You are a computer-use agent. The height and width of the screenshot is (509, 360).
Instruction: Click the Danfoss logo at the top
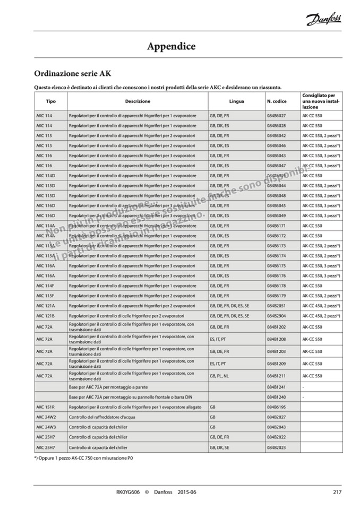click(323, 20)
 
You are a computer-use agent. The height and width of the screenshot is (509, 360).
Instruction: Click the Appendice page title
click(172, 47)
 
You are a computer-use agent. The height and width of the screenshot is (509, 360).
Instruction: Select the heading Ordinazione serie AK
click(72, 73)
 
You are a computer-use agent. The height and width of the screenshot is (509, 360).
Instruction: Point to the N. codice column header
click(277, 101)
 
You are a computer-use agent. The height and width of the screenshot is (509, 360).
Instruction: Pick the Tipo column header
click(50, 101)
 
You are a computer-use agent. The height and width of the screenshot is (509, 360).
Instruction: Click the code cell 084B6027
click(276, 116)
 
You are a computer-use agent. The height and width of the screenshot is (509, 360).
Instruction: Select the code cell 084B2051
click(276, 306)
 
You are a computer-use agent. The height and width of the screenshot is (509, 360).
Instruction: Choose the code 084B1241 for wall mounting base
click(276, 387)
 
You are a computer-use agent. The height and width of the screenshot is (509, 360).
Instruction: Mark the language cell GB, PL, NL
click(219, 376)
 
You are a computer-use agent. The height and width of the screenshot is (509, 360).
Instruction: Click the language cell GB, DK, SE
click(219, 447)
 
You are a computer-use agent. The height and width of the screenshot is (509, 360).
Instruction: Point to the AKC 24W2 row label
click(46, 417)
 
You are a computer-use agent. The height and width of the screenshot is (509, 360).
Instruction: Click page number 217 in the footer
click(337, 492)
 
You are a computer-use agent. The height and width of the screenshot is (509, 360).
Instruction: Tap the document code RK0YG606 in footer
click(127, 492)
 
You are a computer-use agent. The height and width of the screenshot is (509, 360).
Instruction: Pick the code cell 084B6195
click(276, 407)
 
